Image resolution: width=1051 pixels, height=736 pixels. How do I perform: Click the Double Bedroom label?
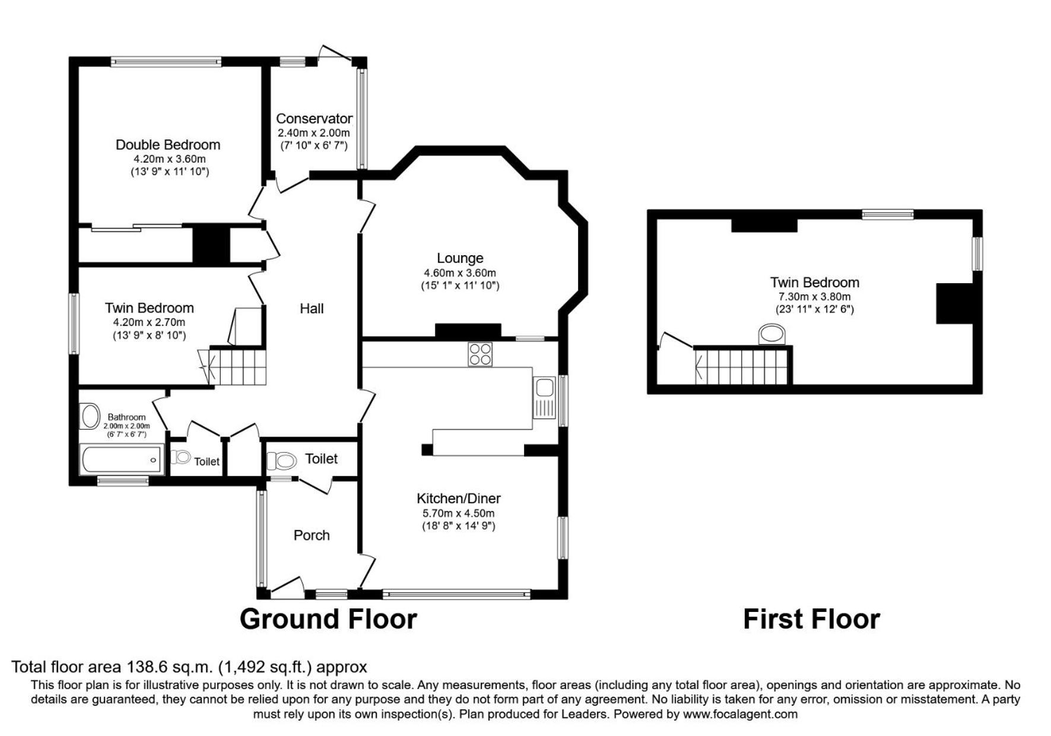168,145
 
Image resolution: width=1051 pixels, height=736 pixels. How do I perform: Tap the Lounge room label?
460,258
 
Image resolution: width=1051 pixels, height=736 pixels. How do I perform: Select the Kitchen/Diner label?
459,499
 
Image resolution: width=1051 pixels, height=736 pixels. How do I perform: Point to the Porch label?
312,535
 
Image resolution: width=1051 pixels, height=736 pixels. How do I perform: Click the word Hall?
312,309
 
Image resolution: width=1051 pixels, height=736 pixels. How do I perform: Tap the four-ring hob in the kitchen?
480,354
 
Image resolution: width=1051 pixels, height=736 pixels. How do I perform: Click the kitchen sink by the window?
544,398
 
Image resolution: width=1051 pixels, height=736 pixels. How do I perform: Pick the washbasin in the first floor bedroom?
773,334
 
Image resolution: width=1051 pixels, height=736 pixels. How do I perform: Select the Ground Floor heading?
328,619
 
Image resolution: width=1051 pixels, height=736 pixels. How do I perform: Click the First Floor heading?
811,619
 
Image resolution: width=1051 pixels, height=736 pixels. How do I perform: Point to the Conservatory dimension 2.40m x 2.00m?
314,133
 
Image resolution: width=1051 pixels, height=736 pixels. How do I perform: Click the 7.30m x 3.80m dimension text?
815,297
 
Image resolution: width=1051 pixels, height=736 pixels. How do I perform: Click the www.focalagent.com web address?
740,714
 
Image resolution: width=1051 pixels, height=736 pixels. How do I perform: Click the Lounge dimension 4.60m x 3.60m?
460,273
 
